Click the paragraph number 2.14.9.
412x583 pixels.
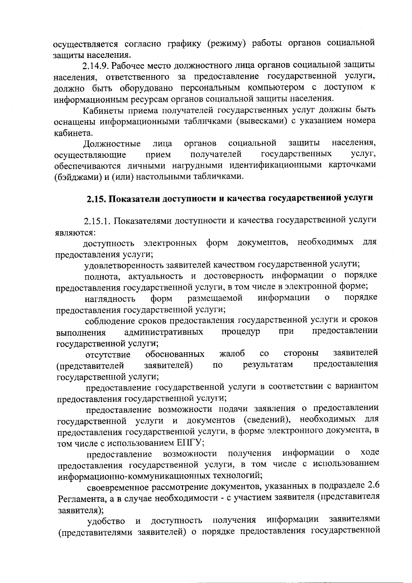click(96, 66)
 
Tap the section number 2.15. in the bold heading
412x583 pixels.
click(96, 199)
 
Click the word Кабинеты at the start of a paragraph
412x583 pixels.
click(100, 110)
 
